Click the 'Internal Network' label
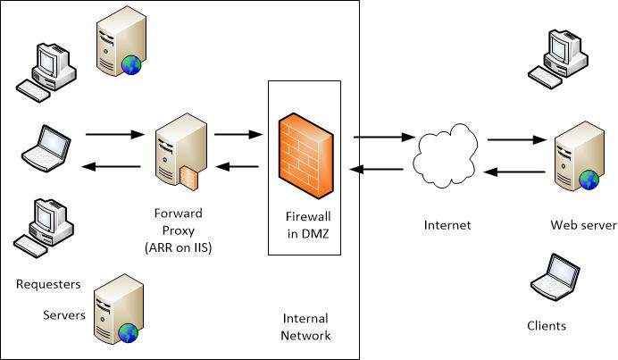305,327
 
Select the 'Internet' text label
447,225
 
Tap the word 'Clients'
547,326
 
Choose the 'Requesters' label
48,284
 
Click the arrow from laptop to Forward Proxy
114,135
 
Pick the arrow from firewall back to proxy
238,166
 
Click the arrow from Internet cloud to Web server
515,139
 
